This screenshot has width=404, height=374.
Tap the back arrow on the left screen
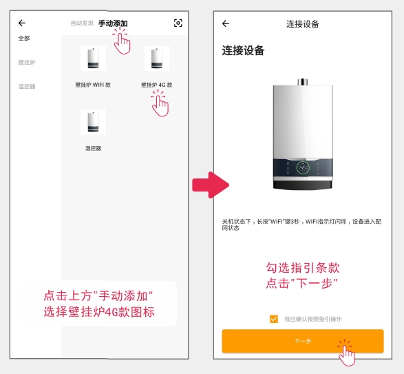(22, 23)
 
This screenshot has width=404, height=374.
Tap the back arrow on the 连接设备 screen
(226, 23)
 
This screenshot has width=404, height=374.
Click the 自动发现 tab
(82, 23)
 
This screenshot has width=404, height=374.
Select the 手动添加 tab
(113, 23)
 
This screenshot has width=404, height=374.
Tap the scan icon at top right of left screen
(178, 23)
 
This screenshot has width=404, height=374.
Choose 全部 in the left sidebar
(24, 39)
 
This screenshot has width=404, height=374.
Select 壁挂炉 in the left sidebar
(27, 63)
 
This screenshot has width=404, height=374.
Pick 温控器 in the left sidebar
(27, 86)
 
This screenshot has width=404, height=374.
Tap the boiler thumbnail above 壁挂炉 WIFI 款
(93, 59)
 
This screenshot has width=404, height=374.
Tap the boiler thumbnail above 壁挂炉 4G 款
(157, 59)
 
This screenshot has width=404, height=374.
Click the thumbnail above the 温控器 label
(93, 122)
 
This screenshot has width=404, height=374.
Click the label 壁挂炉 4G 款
(157, 85)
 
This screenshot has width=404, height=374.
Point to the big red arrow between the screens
(211, 185)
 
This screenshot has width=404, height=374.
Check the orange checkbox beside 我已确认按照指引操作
(274, 319)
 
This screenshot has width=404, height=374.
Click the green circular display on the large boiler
(303, 167)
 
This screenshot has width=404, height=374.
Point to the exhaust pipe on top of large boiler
(303, 82)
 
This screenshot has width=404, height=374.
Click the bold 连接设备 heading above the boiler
(243, 50)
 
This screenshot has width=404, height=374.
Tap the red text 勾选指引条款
(303, 268)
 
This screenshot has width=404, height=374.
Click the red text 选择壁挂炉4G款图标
(99, 312)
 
